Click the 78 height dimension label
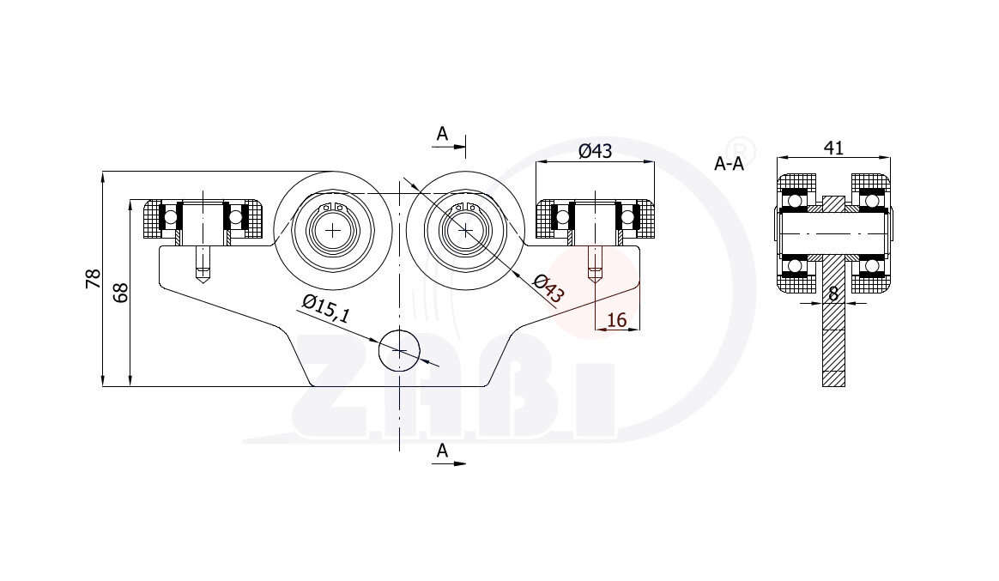pyautogui.click(x=94, y=278)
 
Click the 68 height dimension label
pyautogui.click(x=120, y=293)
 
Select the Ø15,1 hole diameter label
pyautogui.click(x=326, y=309)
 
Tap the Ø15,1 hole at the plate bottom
pyautogui.click(x=399, y=351)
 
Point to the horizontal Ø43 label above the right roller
pyautogui.click(x=595, y=151)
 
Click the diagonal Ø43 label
pyautogui.click(x=548, y=288)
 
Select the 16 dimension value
pyautogui.click(x=617, y=320)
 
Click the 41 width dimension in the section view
pyautogui.click(x=833, y=148)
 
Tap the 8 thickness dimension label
pyautogui.click(x=833, y=294)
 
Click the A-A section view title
pyautogui.click(x=729, y=164)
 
